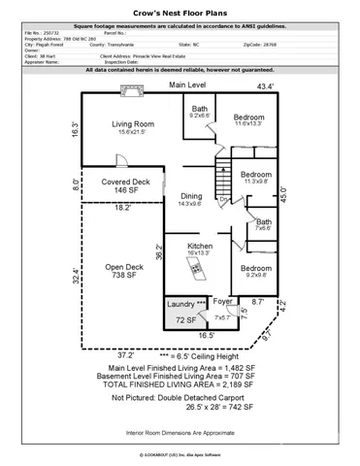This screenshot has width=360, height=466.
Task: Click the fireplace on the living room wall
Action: pos(126,91)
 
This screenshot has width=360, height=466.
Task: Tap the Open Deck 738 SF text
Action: pos(124,272)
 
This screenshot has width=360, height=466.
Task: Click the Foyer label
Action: pos(223,302)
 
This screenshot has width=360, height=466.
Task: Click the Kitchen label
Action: pos(199,247)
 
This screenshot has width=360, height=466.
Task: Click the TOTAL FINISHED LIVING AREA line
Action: pos(180,386)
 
